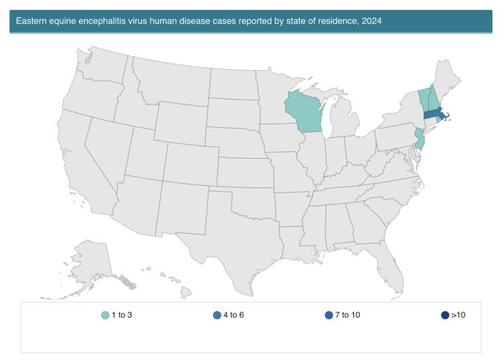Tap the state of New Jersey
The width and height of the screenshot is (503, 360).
click(419, 140)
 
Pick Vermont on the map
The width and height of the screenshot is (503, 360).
click(424, 99)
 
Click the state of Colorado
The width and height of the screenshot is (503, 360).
click(189, 159)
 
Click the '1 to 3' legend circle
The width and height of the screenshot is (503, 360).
click(105, 315)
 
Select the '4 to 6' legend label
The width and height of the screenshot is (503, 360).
click(233, 315)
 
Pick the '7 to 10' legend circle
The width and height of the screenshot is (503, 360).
click(330, 315)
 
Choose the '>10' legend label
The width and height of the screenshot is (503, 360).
click(458, 315)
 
